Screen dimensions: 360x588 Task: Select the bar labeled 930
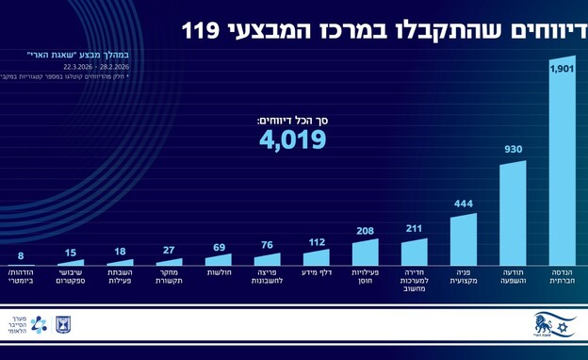click(x=513, y=215)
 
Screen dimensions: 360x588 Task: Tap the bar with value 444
click(x=464, y=241)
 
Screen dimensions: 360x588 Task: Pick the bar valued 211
click(x=415, y=252)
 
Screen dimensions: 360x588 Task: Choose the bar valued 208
click(x=366, y=253)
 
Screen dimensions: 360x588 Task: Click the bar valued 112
click(x=317, y=257)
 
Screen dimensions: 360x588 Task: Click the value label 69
click(x=218, y=247)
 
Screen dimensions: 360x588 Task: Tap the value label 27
click(x=169, y=251)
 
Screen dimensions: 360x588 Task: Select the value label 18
click(x=120, y=252)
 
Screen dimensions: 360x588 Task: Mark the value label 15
click(x=71, y=254)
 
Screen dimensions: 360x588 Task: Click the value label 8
click(x=21, y=255)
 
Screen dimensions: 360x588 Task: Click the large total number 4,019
click(x=293, y=139)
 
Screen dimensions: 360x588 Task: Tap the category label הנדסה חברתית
click(x=562, y=277)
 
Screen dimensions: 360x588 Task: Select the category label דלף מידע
click(x=317, y=272)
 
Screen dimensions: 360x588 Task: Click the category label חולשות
click(x=219, y=272)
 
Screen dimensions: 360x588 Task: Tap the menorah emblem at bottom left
click(x=63, y=324)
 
